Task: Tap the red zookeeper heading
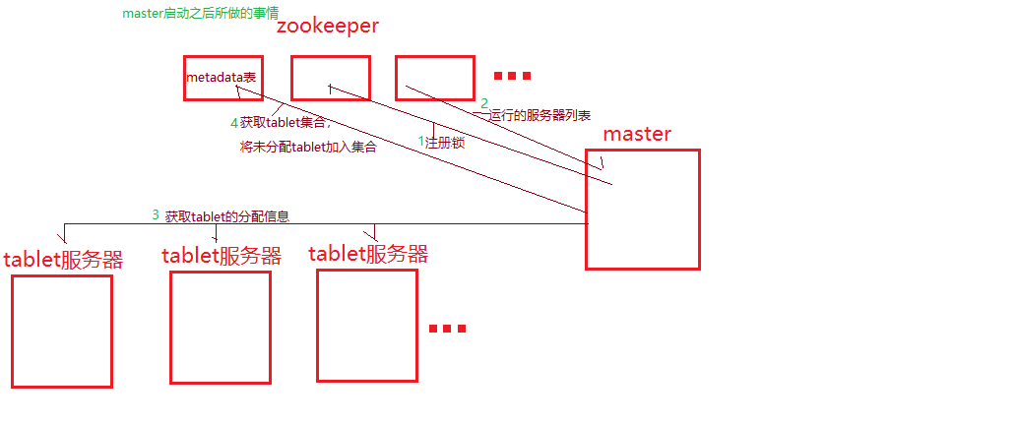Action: [x=327, y=27]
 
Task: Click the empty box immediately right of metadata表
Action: [x=330, y=78]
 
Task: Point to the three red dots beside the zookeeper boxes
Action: [x=512, y=76]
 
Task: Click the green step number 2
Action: [x=484, y=103]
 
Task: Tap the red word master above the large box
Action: [x=637, y=134]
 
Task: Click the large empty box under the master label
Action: [x=642, y=209]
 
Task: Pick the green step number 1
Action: [x=421, y=142]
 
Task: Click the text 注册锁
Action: [x=445, y=143]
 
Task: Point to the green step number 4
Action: [x=233, y=123]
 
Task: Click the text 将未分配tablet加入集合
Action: [x=308, y=148]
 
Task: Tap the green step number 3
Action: [x=155, y=214]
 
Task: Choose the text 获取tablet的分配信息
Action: [x=226, y=216]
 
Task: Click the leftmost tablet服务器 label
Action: [x=63, y=260]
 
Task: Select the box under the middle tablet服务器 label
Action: [x=220, y=327]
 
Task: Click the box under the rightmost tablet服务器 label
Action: [x=366, y=325]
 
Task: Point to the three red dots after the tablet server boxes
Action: [x=446, y=329]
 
